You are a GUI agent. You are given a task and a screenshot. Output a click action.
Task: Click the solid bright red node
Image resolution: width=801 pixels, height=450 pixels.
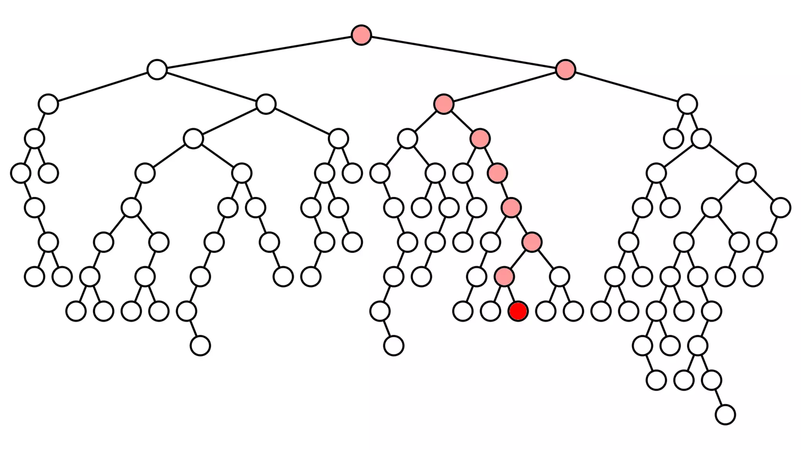pos(518,311)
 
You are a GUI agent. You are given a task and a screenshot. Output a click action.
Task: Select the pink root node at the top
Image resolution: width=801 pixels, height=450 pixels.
pos(361,35)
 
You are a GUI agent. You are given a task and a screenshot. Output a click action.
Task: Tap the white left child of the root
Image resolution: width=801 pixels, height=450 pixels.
pos(157,70)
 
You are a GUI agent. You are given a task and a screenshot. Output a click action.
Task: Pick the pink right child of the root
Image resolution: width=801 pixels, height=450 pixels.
pos(565,70)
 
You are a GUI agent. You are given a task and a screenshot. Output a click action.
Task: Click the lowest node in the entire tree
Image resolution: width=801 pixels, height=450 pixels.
pos(725,415)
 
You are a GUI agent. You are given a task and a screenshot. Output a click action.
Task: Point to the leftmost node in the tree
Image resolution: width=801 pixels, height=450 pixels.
pos(21,173)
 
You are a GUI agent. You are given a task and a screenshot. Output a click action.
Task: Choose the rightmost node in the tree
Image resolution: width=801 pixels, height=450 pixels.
pos(781,208)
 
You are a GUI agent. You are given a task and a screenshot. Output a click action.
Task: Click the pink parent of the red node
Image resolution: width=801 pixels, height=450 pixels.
pos(504,277)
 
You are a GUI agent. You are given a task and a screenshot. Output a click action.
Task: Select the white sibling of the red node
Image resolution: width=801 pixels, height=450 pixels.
pos(490,311)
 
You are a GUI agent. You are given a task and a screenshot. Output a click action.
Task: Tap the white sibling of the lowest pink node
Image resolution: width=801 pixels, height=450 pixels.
pos(559,277)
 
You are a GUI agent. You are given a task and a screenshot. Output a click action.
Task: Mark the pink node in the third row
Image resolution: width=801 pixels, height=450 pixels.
pos(444,104)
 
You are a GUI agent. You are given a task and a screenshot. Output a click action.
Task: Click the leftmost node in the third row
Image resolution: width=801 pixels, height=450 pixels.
pos(48,104)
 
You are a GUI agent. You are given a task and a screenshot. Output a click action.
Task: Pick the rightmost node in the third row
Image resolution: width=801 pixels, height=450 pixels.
pos(687,104)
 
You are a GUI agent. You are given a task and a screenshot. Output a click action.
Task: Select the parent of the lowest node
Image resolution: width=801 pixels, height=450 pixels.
pos(711,380)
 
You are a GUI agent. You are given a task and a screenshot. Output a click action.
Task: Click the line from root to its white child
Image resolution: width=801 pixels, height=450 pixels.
pos(259,52)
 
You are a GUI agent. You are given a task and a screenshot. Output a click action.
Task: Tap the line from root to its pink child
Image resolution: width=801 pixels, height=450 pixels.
pos(463,52)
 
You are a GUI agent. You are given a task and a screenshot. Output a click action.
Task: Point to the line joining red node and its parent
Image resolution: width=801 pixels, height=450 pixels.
pos(511,294)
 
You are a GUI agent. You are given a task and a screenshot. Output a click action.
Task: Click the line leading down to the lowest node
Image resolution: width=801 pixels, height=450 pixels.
pos(718,398)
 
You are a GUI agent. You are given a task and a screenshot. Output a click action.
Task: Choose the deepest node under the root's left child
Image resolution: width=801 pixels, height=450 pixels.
pos(200,346)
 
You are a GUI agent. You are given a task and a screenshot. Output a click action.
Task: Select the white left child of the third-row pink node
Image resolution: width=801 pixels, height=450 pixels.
pos(408,139)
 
